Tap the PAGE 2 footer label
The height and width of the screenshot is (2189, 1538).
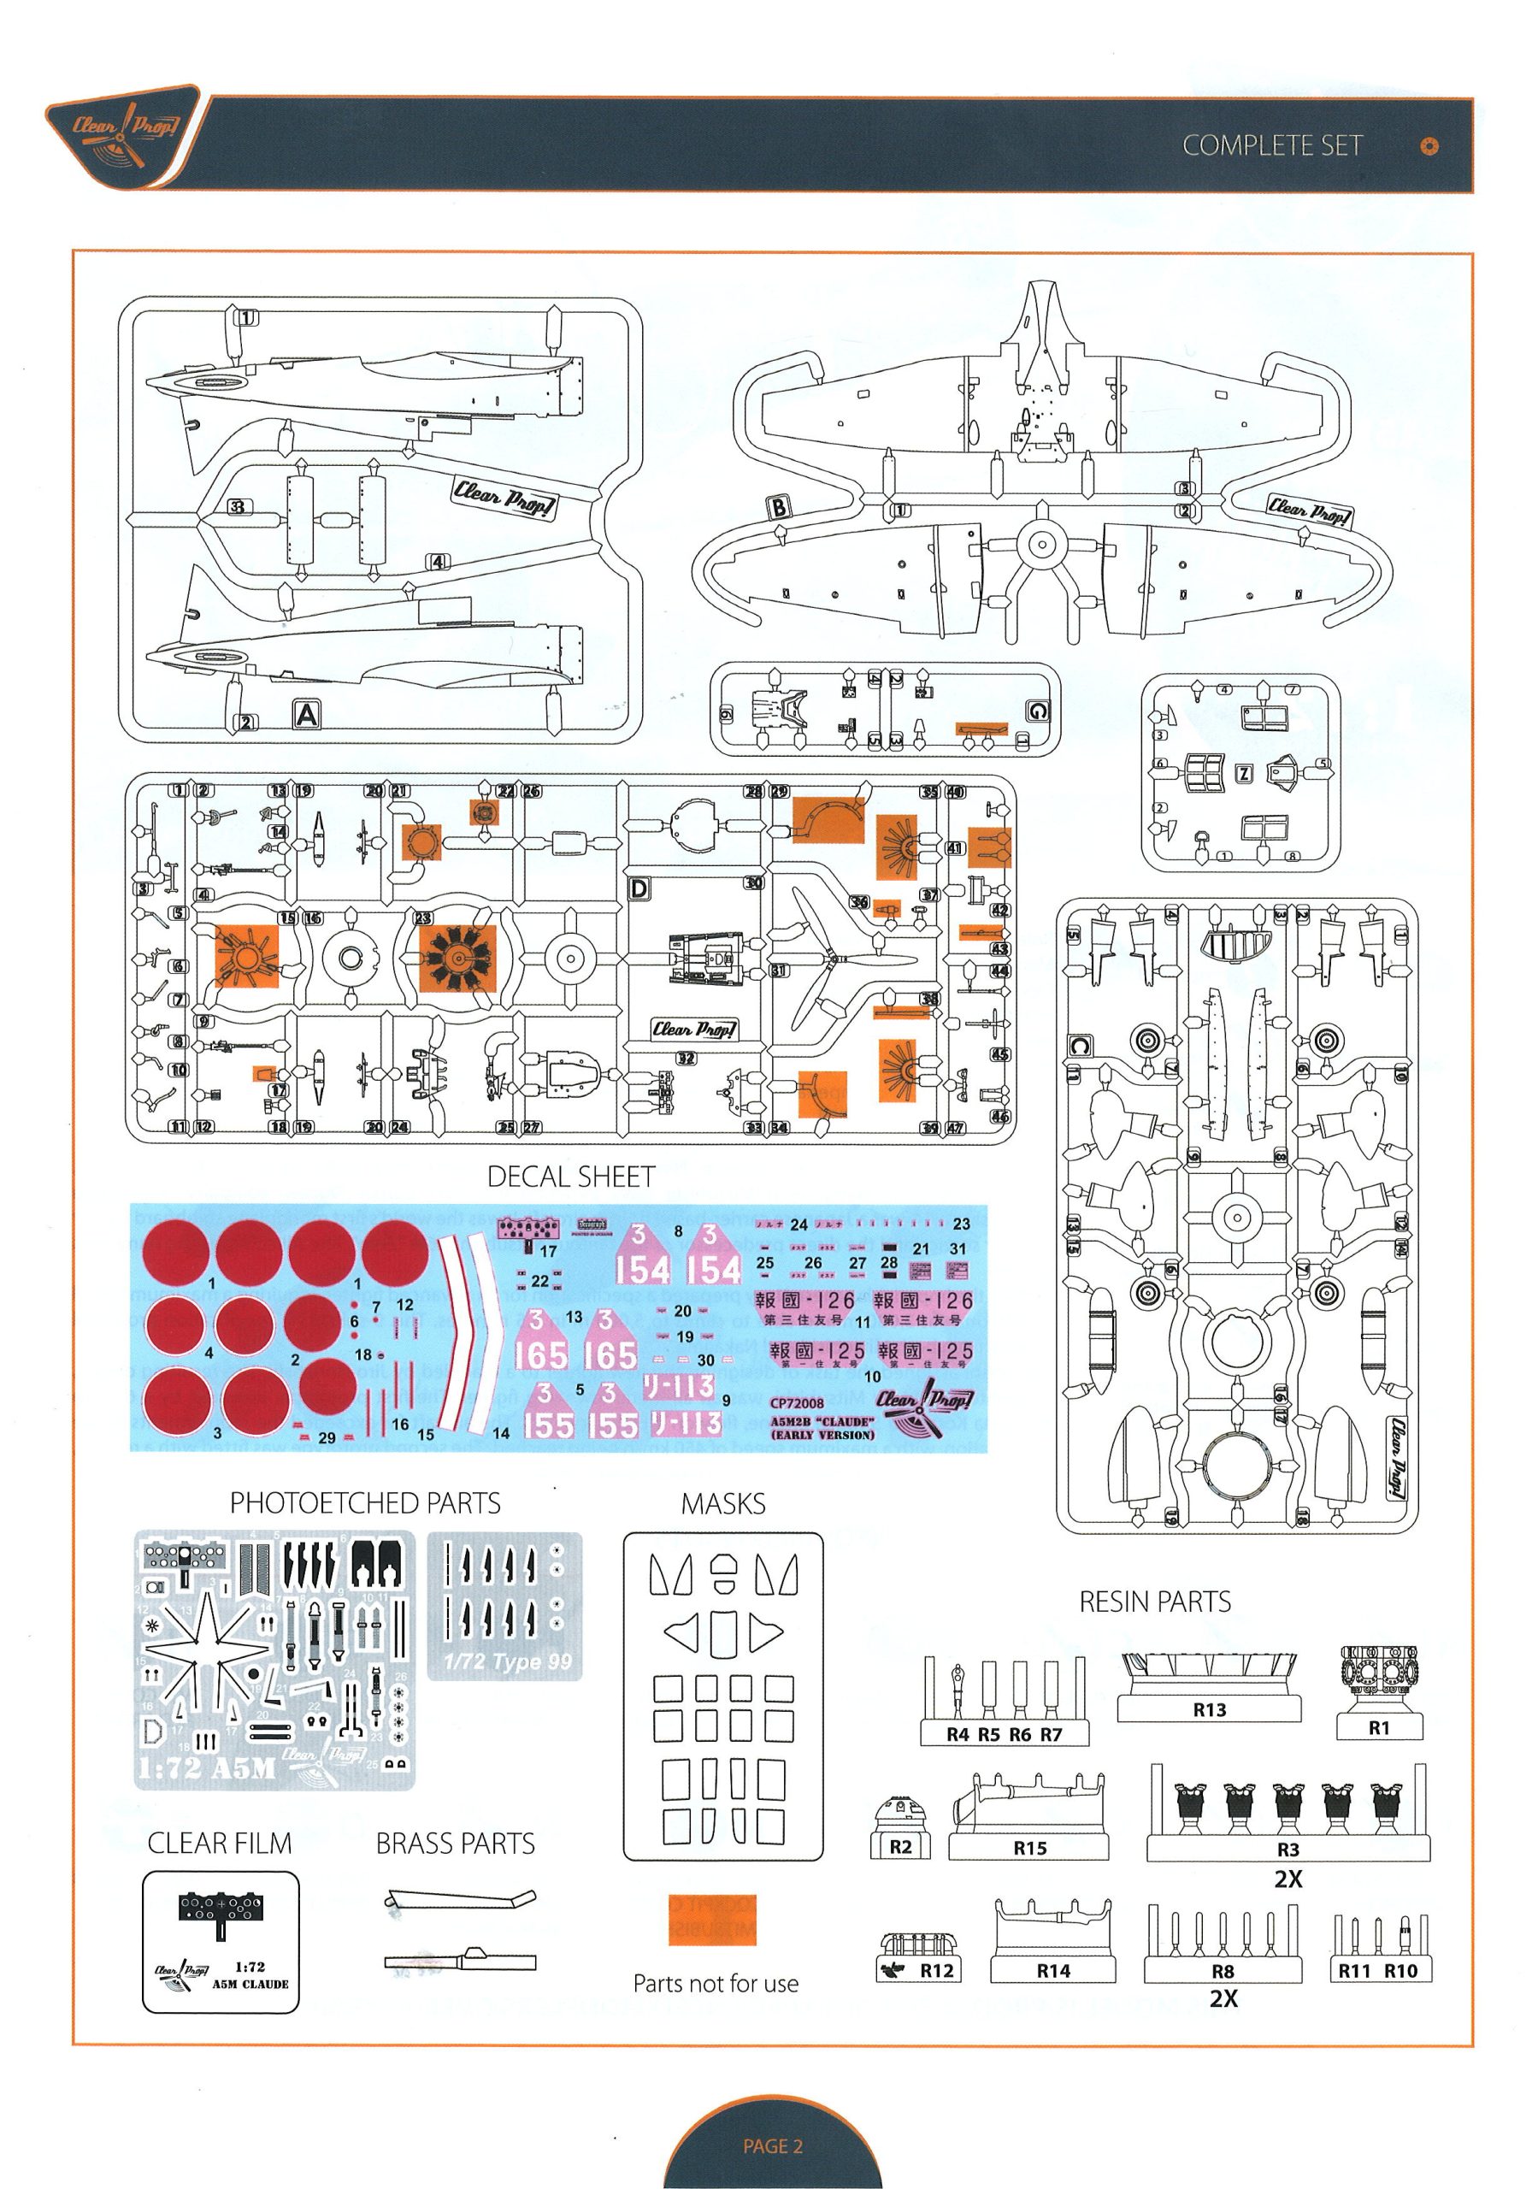pyautogui.click(x=772, y=2146)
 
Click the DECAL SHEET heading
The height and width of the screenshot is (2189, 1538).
pyautogui.click(x=571, y=1177)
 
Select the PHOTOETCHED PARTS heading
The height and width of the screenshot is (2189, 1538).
pyautogui.click(x=365, y=1503)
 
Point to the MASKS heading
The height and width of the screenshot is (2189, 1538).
pyautogui.click(x=722, y=1504)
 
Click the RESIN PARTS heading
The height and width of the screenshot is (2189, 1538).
pyautogui.click(x=1155, y=1602)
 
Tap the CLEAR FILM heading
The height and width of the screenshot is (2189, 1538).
pyautogui.click(x=220, y=1843)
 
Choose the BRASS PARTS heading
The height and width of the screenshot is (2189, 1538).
pyautogui.click(x=455, y=1844)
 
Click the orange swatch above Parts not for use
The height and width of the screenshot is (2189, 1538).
pyautogui.click(x=712, y=1919)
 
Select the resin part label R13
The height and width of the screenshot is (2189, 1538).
pyautogui.click(x=1209, y=1709)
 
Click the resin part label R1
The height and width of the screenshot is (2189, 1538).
pyautogui.click(x=1379, y=1727)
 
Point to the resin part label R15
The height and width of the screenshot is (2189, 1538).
pyautogui.click(x=1030, y=1848)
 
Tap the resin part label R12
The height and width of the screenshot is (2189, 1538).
pyautogui.click(x=935, y=1971)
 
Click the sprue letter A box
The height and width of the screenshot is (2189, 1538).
pyautogui.click(x=307, y=714)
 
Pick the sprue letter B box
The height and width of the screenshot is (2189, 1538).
pyautogui.click(x=779, y=507)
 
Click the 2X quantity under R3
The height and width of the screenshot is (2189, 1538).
pyautogui.click(x=1288, y=1879)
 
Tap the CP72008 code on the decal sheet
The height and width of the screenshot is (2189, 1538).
pyautogui.click(x=796, y=1402)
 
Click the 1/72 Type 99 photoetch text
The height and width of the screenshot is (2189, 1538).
pyautogui.click(x=507, y=1661)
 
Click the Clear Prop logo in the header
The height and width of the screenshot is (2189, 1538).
pyautogui.click(x=125, y=132)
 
